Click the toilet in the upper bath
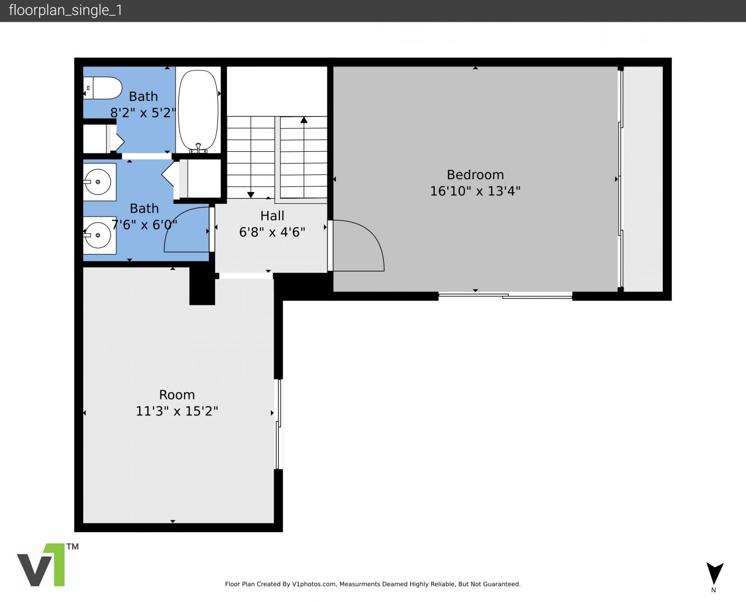[x=102, y=88]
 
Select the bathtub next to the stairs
[x=198, y=111]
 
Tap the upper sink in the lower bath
[x=99, y=182]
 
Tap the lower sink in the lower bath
[x=99, y=235]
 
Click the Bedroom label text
[x=476, y=175]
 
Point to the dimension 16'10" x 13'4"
[x=476, y=191]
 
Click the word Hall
[x=272, y=216]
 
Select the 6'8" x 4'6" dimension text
[x=272, y=232]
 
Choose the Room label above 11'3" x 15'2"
[x=177, y=395]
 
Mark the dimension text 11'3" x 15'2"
[x=177, y=411]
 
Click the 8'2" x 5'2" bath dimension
[x=143, y=113]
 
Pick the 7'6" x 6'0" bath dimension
[x=144, y=224]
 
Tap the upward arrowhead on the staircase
[x=304, y=120]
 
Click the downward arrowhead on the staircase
[x=251, y=195]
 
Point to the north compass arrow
[x=715, y=573]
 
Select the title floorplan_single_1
[x=65, y=10]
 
